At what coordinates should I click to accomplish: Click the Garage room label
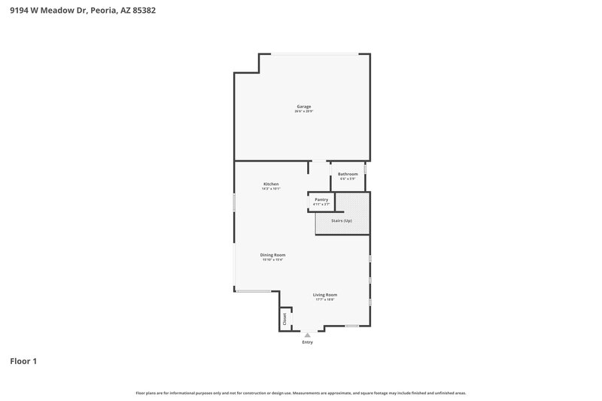[303, 107]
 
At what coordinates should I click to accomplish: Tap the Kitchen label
[271, 184]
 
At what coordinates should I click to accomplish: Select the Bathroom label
[348, 174]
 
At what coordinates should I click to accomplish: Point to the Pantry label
[321, 199]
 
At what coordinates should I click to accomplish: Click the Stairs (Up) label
[341, 220]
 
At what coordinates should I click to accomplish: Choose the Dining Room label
[272, 255]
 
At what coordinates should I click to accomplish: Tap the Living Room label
[325, 295]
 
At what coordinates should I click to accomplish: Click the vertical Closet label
[284, 319]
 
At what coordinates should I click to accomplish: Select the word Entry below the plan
[307, 342]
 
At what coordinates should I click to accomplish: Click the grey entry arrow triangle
[307, 335]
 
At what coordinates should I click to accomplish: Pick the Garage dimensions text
[303, 111]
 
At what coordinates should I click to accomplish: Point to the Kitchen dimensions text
[271, 189]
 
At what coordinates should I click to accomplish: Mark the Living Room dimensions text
[325, 299]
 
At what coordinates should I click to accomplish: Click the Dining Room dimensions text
[272, 260]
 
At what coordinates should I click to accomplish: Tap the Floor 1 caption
[23, 361]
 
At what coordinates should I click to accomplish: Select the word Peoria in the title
[93, 11]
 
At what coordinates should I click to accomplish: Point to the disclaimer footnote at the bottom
[300, 393]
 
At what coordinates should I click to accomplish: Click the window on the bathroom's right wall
[366, 170]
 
